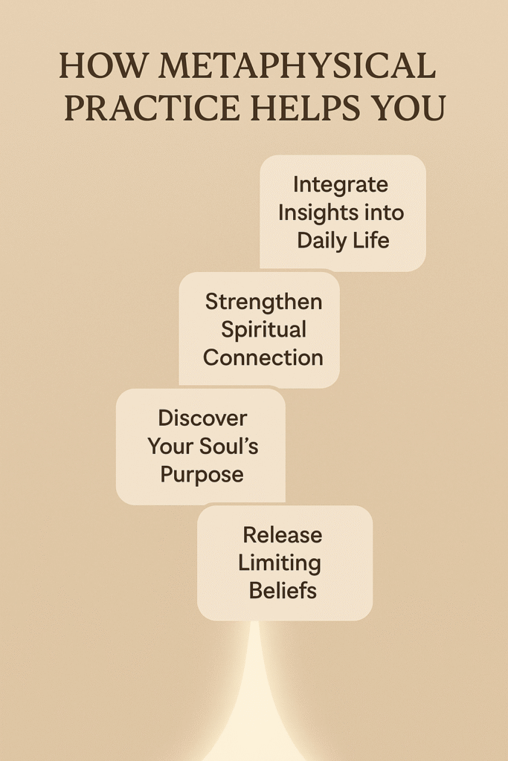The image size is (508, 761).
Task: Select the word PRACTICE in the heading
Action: coord(152,109)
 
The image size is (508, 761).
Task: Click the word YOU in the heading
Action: coord(411,109)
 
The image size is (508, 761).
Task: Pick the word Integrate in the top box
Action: coord(341,184)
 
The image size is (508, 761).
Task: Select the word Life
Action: coord(373,240)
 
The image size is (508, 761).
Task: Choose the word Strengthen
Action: coord(263,301)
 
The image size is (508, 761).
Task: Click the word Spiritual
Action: coord(263,329)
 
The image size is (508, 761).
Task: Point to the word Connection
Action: coord(263,357)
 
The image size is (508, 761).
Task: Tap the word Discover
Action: coord(202,418)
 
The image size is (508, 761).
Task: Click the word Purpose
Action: coord(202,474)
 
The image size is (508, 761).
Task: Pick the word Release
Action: coord(283,534)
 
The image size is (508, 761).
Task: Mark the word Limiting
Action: coord(280,563)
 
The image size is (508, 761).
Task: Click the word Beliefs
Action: coord(283,591)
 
